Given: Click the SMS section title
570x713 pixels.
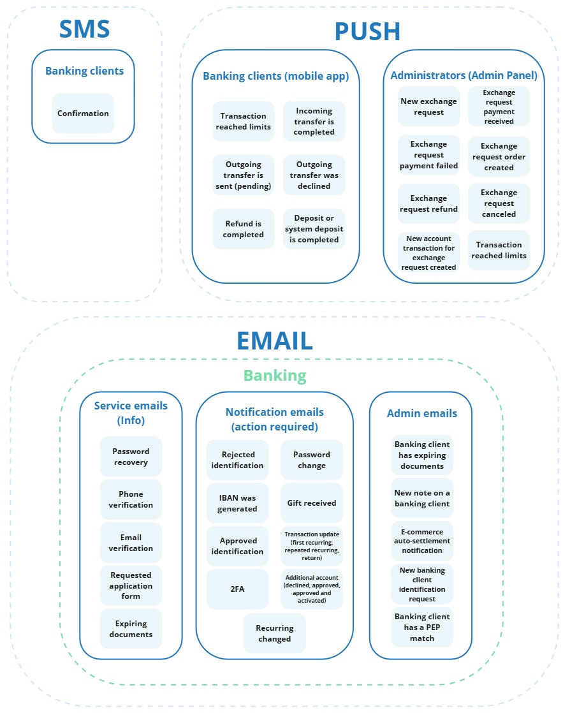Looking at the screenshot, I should click(x=84, y=29).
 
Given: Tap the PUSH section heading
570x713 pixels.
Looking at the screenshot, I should click(x=367, y=31).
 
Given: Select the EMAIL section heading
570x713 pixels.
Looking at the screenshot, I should click(x=275, y=341).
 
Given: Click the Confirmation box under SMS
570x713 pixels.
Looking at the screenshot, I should click(x=83, y=114).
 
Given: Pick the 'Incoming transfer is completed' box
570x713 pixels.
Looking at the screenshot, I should click(x=314, y=121).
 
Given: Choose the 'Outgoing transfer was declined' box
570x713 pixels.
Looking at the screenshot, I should click(x=314, y=175).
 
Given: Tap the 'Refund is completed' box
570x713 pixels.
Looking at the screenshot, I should click(x=243, y=229).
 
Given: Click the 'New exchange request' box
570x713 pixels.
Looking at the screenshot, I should click(x=428, y=107).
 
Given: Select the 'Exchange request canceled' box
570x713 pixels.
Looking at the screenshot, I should click(x=499, y=203).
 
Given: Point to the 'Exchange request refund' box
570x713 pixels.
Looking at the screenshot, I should click(x=428, y=203).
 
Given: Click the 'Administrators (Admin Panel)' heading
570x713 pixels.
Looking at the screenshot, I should click(x=464, y=75).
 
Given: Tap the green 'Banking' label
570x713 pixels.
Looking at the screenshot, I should click(x=275, y=375).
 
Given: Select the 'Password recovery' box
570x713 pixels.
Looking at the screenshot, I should click(x=131, y=457).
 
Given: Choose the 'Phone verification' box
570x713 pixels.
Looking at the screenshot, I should click(x=131, y=499).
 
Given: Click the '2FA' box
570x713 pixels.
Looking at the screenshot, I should click(x=237, y=589).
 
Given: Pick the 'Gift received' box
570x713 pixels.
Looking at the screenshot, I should click(x=311, y=503).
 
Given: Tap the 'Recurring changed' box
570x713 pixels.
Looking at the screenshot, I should click(x=274, y=633).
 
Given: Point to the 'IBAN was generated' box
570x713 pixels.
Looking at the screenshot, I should click(x=237, y=503).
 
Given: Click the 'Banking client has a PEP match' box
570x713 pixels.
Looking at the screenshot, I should click(x=422, y=628).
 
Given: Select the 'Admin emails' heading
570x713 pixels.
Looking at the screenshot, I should click(x=421, y=413).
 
